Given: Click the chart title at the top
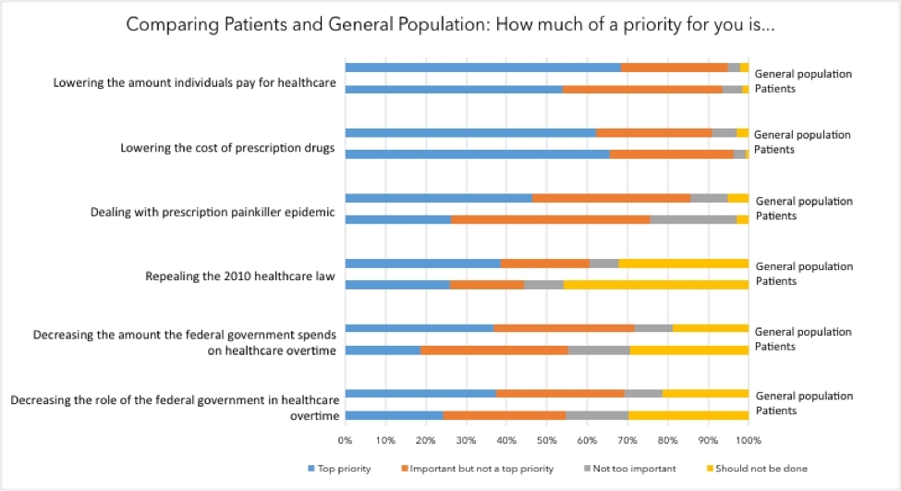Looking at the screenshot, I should pyautogui.click(x=450, y=25).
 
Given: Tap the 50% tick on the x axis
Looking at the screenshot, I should pyautogui.click(x=546, y=440).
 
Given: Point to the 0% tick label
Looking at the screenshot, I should pyautogui.click(x=345, y=440).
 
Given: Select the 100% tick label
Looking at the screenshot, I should pyautogui.click(x=748, y=440).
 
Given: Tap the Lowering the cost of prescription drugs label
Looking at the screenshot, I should pyautogui.click(x=227, y=148).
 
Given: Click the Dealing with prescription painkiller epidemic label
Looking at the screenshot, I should pyautogui.click(x=213, y=212).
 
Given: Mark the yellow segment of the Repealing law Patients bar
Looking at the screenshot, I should pyautogui.click(x=655, y=285).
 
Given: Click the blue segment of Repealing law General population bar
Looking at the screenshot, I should pyautogui.click(x=422, y=264).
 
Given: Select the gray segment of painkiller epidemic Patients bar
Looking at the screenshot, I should pyautogui.click(x=693, y=219).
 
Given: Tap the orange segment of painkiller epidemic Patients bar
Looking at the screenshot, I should pyautogui.click(x=550, y=219).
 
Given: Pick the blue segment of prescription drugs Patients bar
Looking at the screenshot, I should pyautogui.click(x=477, y=153).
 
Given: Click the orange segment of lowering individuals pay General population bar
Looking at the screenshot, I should pyautogui.click(x=675, y=68).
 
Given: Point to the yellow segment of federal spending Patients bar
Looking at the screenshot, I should pyautogui.click(x=688, y=350).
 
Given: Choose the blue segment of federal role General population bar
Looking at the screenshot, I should pyautogui.click(x=420, y=393).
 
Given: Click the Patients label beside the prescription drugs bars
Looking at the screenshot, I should pyautogui.click(x=774, y=150).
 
